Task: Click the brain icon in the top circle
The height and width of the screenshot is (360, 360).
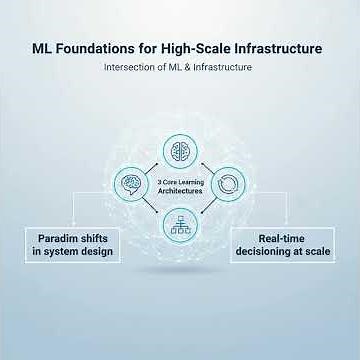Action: pyautogui.click(x=181, y=152)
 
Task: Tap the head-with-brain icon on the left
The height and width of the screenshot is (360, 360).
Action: pyautogui.click(x=133, y=187)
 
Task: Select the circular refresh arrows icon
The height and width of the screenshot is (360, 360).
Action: pyautogui.click(x=229, y=187)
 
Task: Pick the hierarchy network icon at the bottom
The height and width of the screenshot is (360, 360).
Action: pyautogui.click(x=181, y=222)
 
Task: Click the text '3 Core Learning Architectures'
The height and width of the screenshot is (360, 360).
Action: pyautogui.click(x=181, y=187)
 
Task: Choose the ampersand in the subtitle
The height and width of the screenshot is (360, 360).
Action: pyautogui.click(x=196, y=69)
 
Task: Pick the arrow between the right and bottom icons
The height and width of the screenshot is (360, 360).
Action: pyautogui.click(x=211, y=212)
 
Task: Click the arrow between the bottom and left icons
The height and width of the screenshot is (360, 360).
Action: pyautogui.click(x=152, y=212)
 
